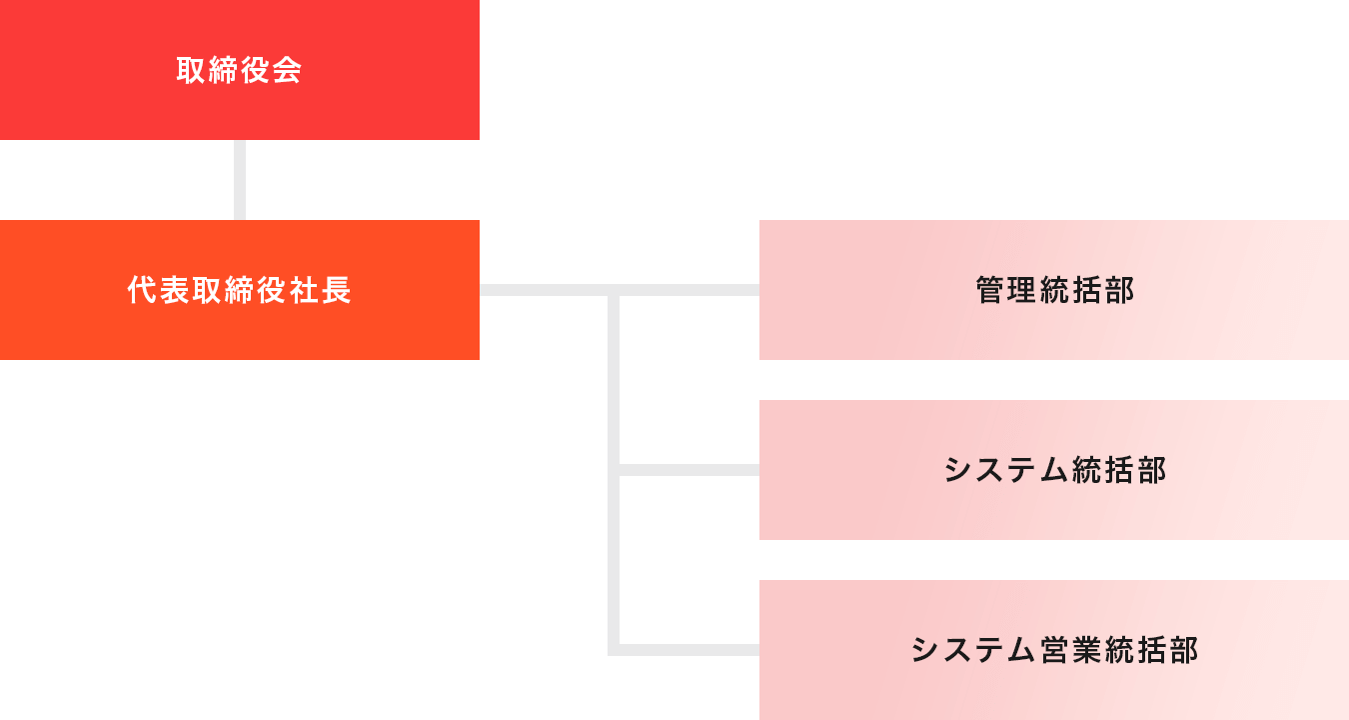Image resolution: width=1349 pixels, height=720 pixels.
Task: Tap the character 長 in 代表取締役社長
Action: pos(337,290)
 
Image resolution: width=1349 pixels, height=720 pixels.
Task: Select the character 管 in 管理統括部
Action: pos(990,290)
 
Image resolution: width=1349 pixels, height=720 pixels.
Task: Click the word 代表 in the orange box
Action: pos(159,290)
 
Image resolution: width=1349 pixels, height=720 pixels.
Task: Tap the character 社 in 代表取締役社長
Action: pos(305,290)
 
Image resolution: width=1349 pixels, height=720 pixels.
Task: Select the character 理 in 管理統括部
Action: pos(1022,290)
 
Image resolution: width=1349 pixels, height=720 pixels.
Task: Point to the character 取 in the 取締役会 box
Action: pos(192,70)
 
